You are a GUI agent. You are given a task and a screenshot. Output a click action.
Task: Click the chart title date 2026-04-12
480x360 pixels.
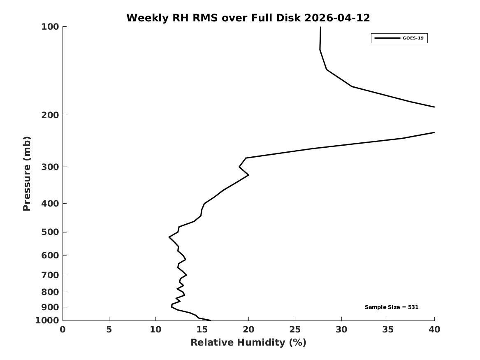click(337, 18)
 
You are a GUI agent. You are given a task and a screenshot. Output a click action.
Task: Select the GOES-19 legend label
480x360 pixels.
click(413, 38)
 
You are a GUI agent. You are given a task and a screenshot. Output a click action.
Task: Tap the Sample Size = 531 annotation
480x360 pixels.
click(392, 307)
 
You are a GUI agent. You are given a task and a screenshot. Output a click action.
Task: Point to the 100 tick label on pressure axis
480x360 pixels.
click(50, 27)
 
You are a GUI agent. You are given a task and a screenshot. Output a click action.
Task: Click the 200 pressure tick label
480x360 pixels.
click(50, 115)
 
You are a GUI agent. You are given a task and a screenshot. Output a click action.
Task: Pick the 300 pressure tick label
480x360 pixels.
click(50, 167)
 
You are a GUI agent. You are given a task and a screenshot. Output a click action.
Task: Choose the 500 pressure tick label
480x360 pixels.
click(50, 232)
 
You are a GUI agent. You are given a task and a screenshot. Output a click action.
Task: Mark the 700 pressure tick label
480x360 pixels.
click(50, 275)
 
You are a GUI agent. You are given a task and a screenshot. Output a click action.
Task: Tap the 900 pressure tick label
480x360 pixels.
click(50, 307)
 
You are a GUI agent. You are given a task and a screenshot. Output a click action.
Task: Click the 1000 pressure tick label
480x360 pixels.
click(47, 321)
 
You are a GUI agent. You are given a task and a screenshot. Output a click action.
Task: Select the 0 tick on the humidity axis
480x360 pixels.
click(63, 330)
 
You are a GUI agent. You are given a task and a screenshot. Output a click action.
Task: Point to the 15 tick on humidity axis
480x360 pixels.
click(202, 330)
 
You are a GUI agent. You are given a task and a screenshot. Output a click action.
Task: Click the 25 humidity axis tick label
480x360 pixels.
click(295, 330)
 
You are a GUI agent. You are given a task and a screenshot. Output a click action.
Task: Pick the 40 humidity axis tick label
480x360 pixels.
click(434, 330)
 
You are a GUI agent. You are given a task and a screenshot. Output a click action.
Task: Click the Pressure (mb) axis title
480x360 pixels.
click(27, 174)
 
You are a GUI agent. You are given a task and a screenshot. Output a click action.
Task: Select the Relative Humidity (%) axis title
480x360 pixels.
click(248, 342)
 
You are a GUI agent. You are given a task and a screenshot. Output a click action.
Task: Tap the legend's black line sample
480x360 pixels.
click(387, 38)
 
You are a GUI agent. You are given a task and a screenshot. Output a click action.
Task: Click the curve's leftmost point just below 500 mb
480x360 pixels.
click(169, 237)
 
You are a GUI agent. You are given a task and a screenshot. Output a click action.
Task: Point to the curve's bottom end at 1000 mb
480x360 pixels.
click(211, 321)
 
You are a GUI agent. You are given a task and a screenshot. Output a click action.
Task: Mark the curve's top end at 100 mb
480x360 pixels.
click(320, 27)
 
